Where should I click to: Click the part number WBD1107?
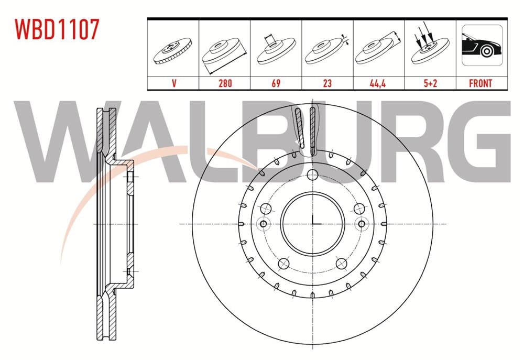57,29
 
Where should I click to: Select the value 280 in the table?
225,83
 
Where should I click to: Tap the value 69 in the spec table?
276,83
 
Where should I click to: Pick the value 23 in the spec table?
327,83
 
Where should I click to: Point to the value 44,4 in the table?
378,83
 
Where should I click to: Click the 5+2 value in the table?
430,83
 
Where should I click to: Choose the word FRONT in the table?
481,83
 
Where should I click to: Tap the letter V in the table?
174,83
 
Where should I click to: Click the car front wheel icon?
482,45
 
